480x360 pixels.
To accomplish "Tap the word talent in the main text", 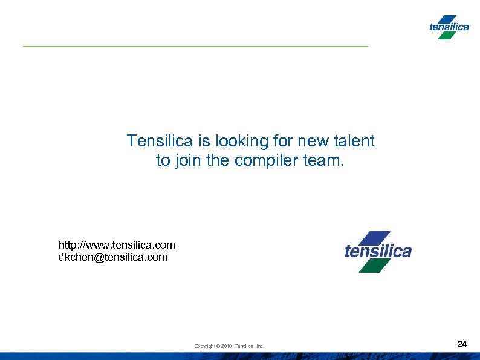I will click(353, 142).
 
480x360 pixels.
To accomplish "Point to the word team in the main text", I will click(323, 161).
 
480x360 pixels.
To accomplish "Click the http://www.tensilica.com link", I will click(117, 245).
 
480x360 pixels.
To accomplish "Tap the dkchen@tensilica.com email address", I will click(112, 257).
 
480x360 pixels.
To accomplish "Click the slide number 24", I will click(462, 344).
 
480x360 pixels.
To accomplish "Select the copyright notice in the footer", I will click(229, 346).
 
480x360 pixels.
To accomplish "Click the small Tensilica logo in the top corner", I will click(449, 27).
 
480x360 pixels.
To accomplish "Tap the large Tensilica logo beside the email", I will click(378, 251).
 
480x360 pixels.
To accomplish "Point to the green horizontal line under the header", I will click(195, 47).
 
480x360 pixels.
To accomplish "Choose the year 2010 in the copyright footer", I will click(227, 346).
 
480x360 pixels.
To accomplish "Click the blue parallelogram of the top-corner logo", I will click(449, 19).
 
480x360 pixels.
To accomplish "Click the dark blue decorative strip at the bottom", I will click(240, 355).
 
